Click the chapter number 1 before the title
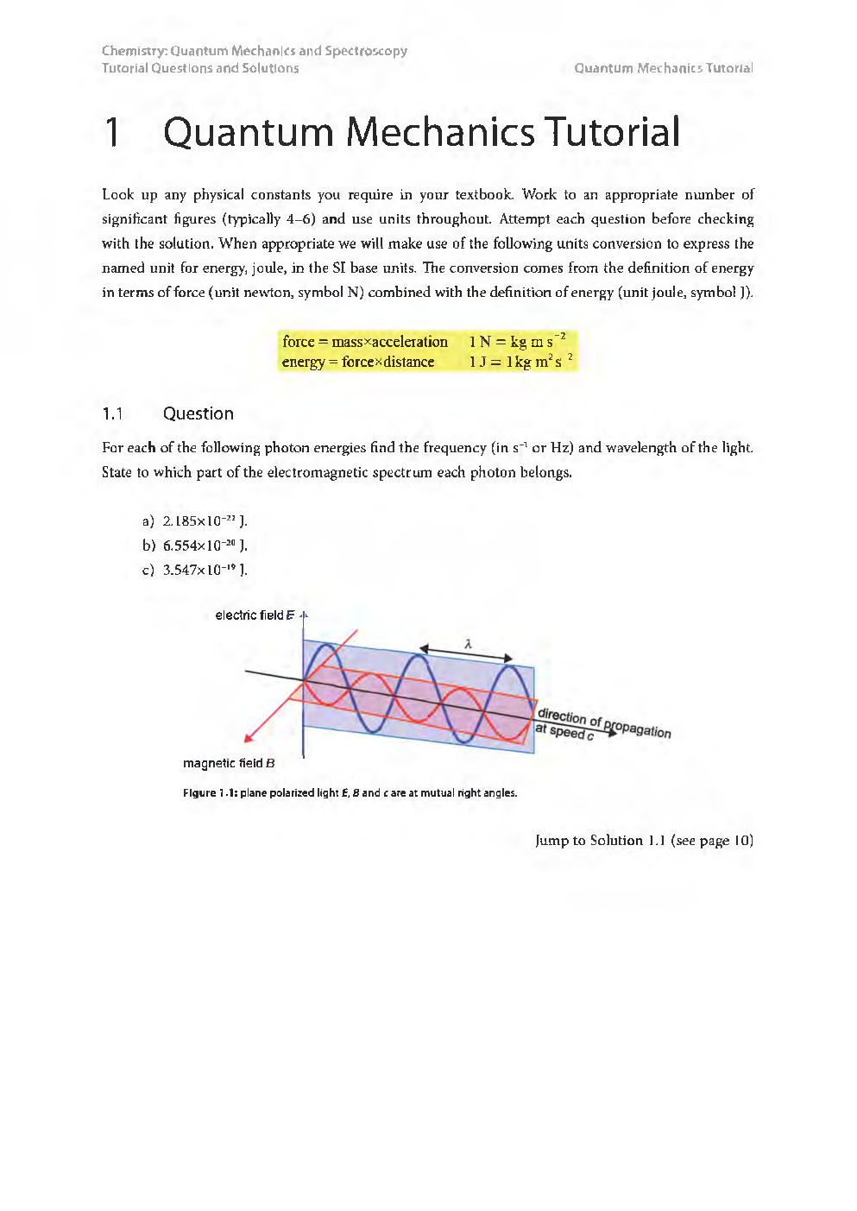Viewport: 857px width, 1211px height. click(x=113, y=133)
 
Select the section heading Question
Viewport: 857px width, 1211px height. click(x=198, y=413)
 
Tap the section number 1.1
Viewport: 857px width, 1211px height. click(x=113, y=413)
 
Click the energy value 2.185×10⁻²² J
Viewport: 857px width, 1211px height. click(x=205, y=520)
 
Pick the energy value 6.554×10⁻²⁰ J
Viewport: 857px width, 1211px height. click(x=205, y=545)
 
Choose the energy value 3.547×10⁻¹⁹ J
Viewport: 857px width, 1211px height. click(x=205, y=570)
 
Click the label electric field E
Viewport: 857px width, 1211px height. click(x=255, y=615)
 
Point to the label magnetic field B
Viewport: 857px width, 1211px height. click(x=229, y=763)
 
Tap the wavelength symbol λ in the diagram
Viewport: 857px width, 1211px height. click(x=468, y=644)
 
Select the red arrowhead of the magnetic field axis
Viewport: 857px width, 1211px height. click(x=249, y=737)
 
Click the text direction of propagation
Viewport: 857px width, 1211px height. click(x=603, y=722)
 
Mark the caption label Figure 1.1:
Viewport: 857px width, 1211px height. click(x=210, y=792)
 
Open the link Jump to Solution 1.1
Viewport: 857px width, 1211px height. click(x=643, y=840)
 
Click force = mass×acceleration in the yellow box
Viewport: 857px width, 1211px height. click(x=364, y=342)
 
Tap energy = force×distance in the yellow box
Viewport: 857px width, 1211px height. click(x=357, y=362)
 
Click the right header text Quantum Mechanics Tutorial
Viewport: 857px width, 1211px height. click(x=663, y=68)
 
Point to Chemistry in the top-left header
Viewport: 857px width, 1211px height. click(x=132, y=51)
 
